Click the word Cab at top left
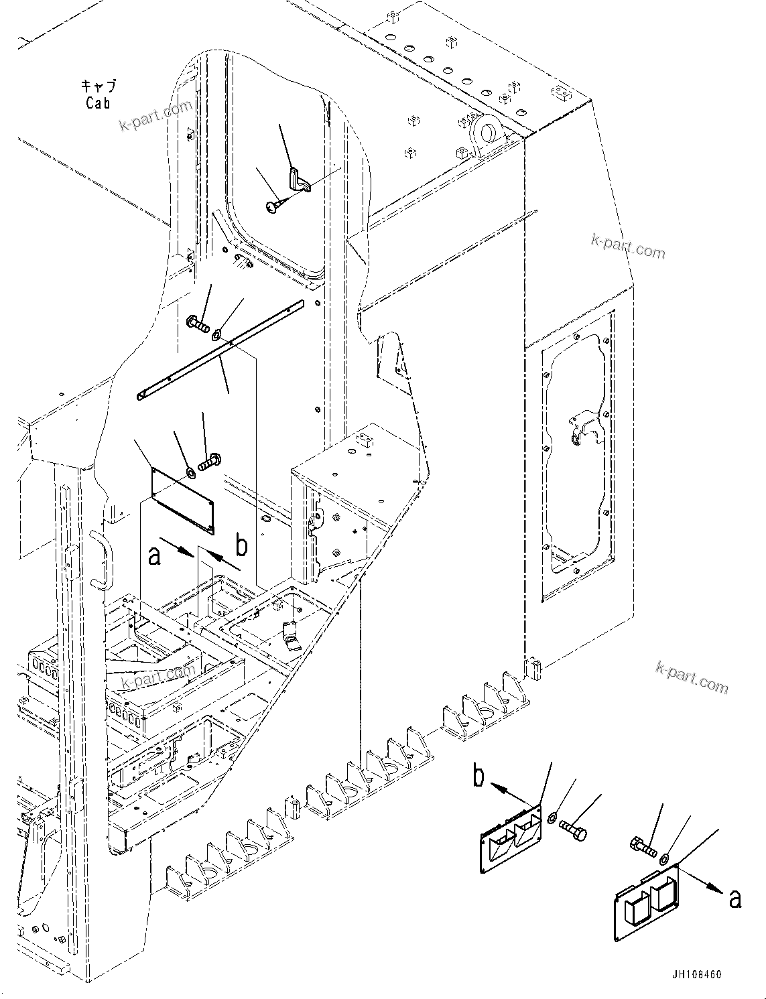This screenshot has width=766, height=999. point(98,103)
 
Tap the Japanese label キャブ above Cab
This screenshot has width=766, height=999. point(98,86)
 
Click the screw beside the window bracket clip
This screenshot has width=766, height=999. point(273,208)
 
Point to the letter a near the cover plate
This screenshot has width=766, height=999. point(155,555)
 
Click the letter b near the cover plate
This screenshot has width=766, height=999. point(241,546)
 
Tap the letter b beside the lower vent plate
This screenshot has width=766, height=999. point(478,777)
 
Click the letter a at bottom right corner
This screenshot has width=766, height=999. point(735,898)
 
